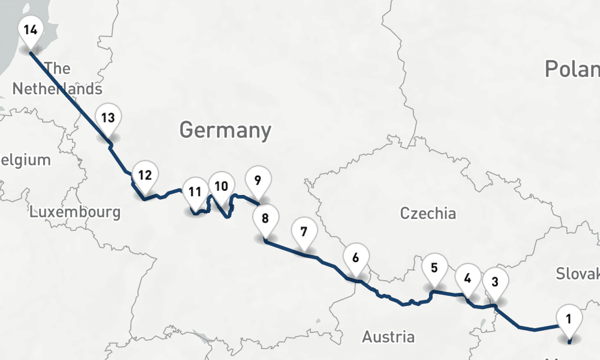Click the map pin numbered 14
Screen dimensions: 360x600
pos(30,29)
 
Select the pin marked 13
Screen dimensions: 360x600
pos(108,118)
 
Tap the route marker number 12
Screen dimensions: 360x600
pos(145,176)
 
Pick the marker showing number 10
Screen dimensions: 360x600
pos(221,186)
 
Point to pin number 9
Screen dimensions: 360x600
pos(258,180)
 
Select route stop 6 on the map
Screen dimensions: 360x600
pos(356,259)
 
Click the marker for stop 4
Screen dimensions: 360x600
pos(467,278)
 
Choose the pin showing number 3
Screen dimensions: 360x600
pos(495,281)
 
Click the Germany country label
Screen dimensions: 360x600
pos(225,130)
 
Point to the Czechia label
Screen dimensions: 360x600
pos(428,213)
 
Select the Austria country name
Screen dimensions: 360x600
pos(388,337)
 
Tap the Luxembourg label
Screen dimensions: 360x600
pos(75,212)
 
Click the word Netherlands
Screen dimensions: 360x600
pos(57,89)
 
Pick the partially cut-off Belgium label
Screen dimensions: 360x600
pos(25,160)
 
